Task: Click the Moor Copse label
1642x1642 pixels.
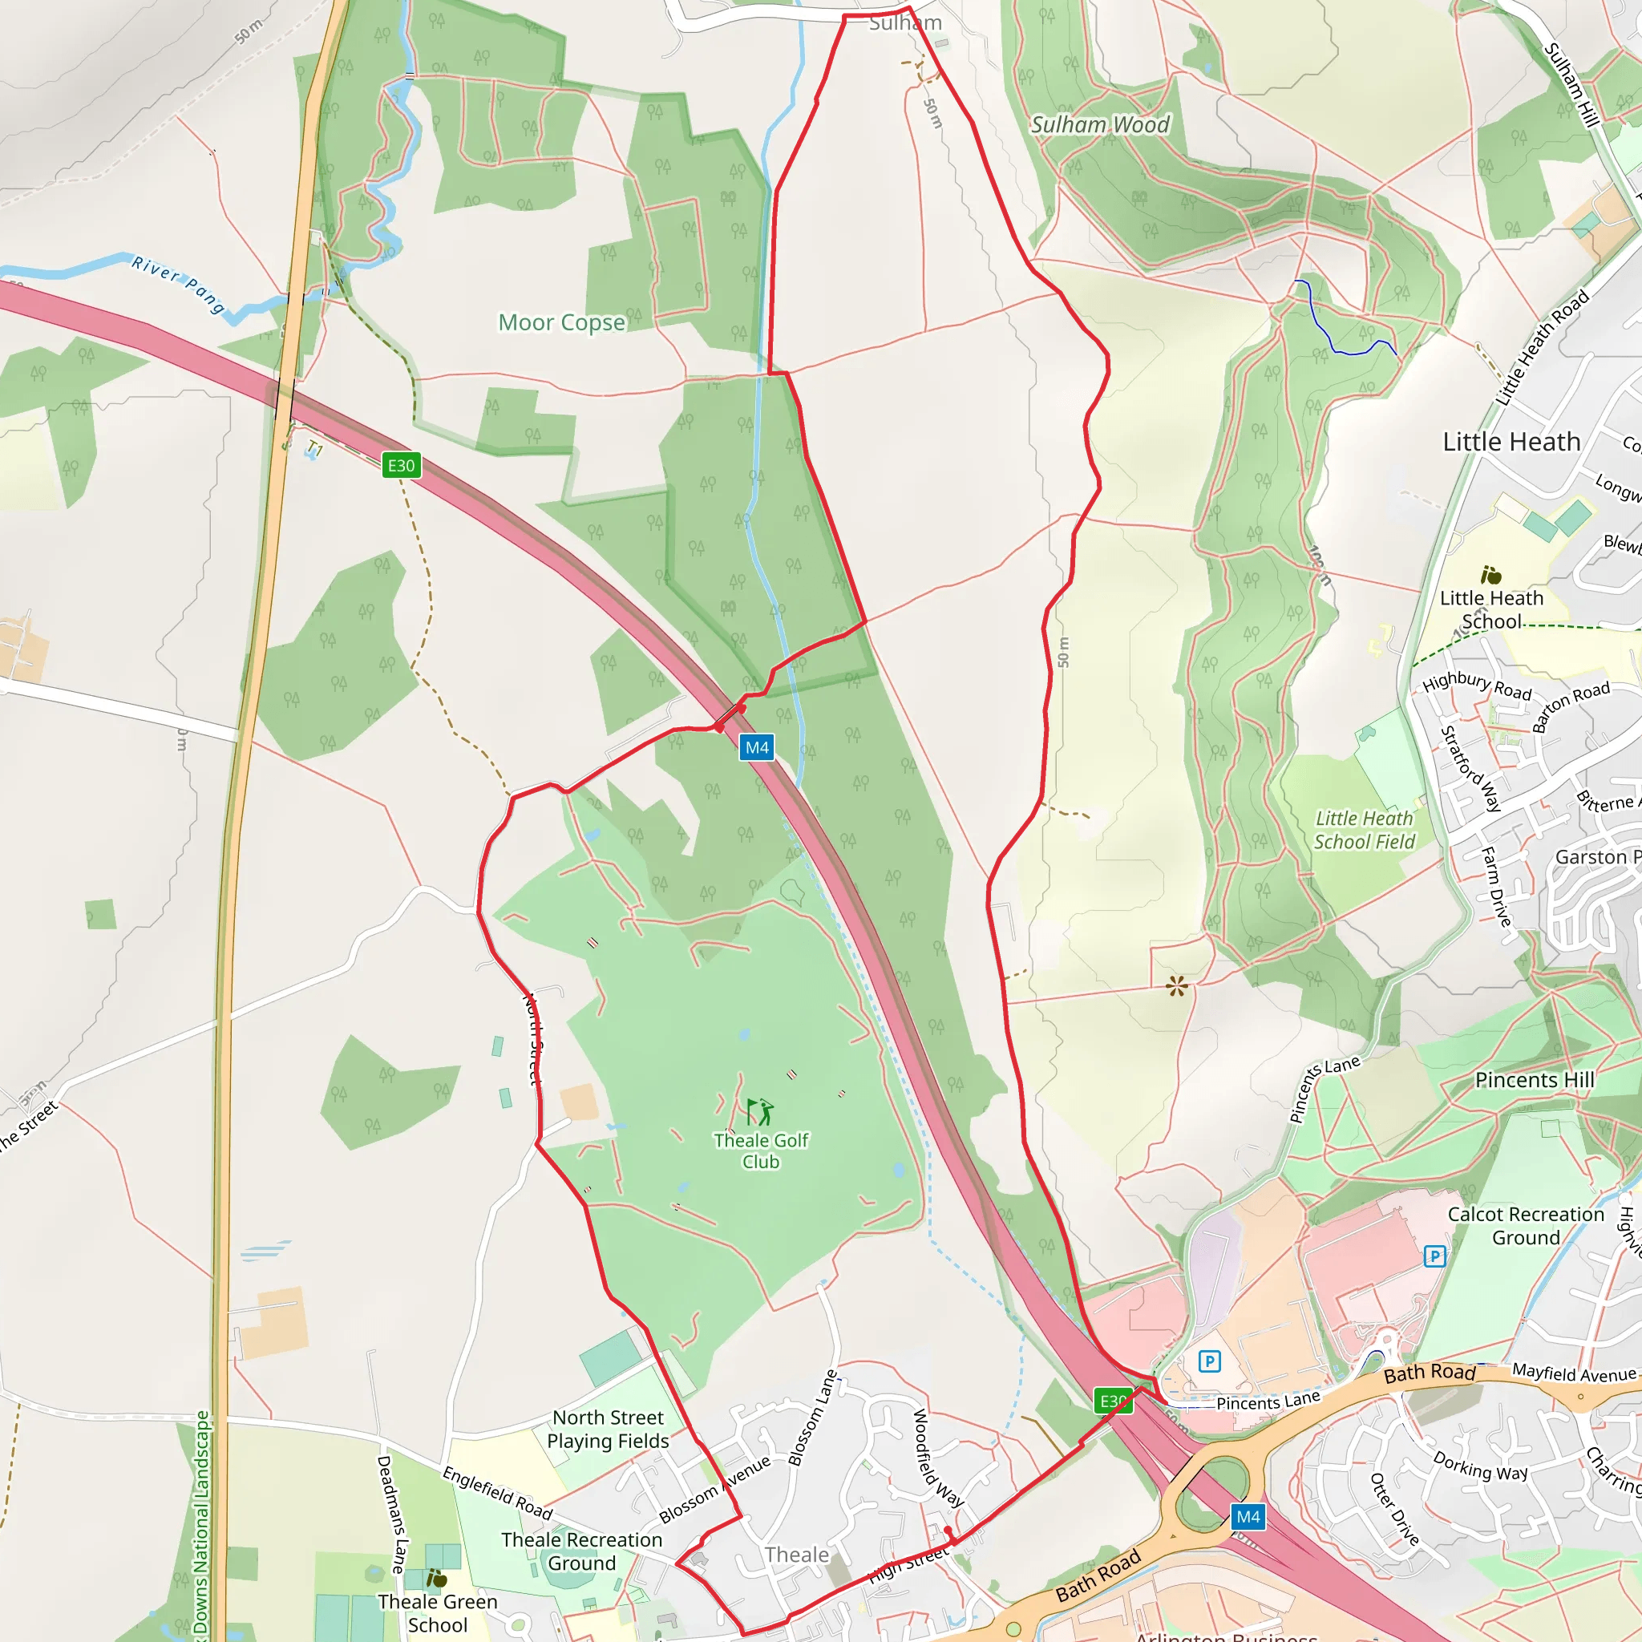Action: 561,323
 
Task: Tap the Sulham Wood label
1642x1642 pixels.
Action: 1100,125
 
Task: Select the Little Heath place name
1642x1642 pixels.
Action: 1511,442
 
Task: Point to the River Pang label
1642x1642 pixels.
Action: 178,284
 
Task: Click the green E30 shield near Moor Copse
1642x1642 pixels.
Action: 401,465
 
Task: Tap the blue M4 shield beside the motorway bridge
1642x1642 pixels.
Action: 756,748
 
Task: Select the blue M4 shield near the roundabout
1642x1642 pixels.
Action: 1248,1517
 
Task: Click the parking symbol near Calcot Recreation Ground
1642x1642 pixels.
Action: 1434,1256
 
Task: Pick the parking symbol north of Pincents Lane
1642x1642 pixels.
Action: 1209,1362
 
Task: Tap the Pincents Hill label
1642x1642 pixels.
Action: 1534,1080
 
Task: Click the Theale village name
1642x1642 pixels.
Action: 796,1555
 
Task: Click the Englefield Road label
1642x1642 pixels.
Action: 497,1493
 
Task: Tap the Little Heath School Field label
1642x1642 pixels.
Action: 1364,831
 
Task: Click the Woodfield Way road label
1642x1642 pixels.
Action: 937,1458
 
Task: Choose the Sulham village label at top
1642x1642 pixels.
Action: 905,23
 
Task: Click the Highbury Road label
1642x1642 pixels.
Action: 1477,685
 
